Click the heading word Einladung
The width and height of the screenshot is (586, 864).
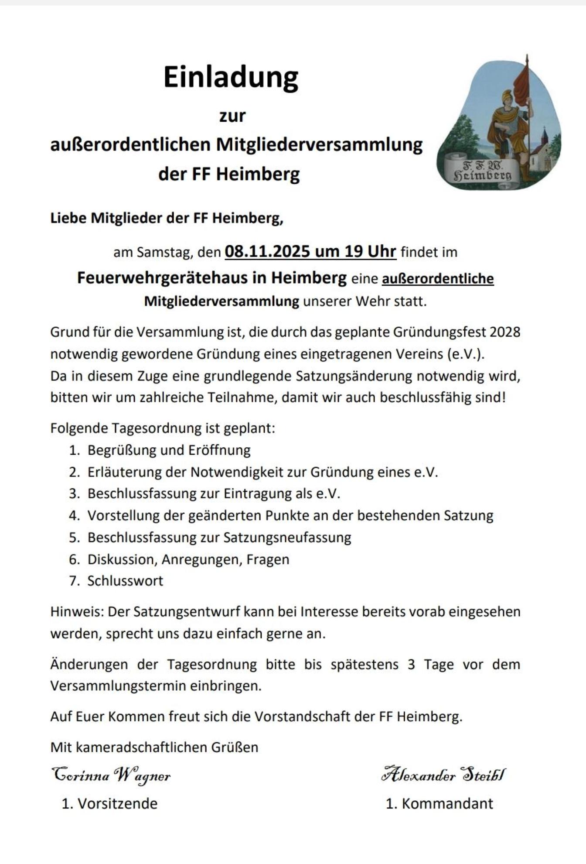coord(231,77)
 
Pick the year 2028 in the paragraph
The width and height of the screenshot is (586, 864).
coord(505,332)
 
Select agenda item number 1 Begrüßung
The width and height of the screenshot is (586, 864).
coord(169,450)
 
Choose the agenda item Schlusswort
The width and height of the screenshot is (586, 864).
coord(125,581)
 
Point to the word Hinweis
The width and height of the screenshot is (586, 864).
coord(77,612)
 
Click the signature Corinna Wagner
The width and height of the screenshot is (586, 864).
coord(111,775)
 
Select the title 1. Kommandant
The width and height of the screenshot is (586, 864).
coord(439,803)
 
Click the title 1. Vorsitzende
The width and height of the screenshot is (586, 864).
coord(109,803)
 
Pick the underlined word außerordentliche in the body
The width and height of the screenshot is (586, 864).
coord(438,278)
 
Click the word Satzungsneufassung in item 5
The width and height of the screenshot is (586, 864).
coord(287,537)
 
